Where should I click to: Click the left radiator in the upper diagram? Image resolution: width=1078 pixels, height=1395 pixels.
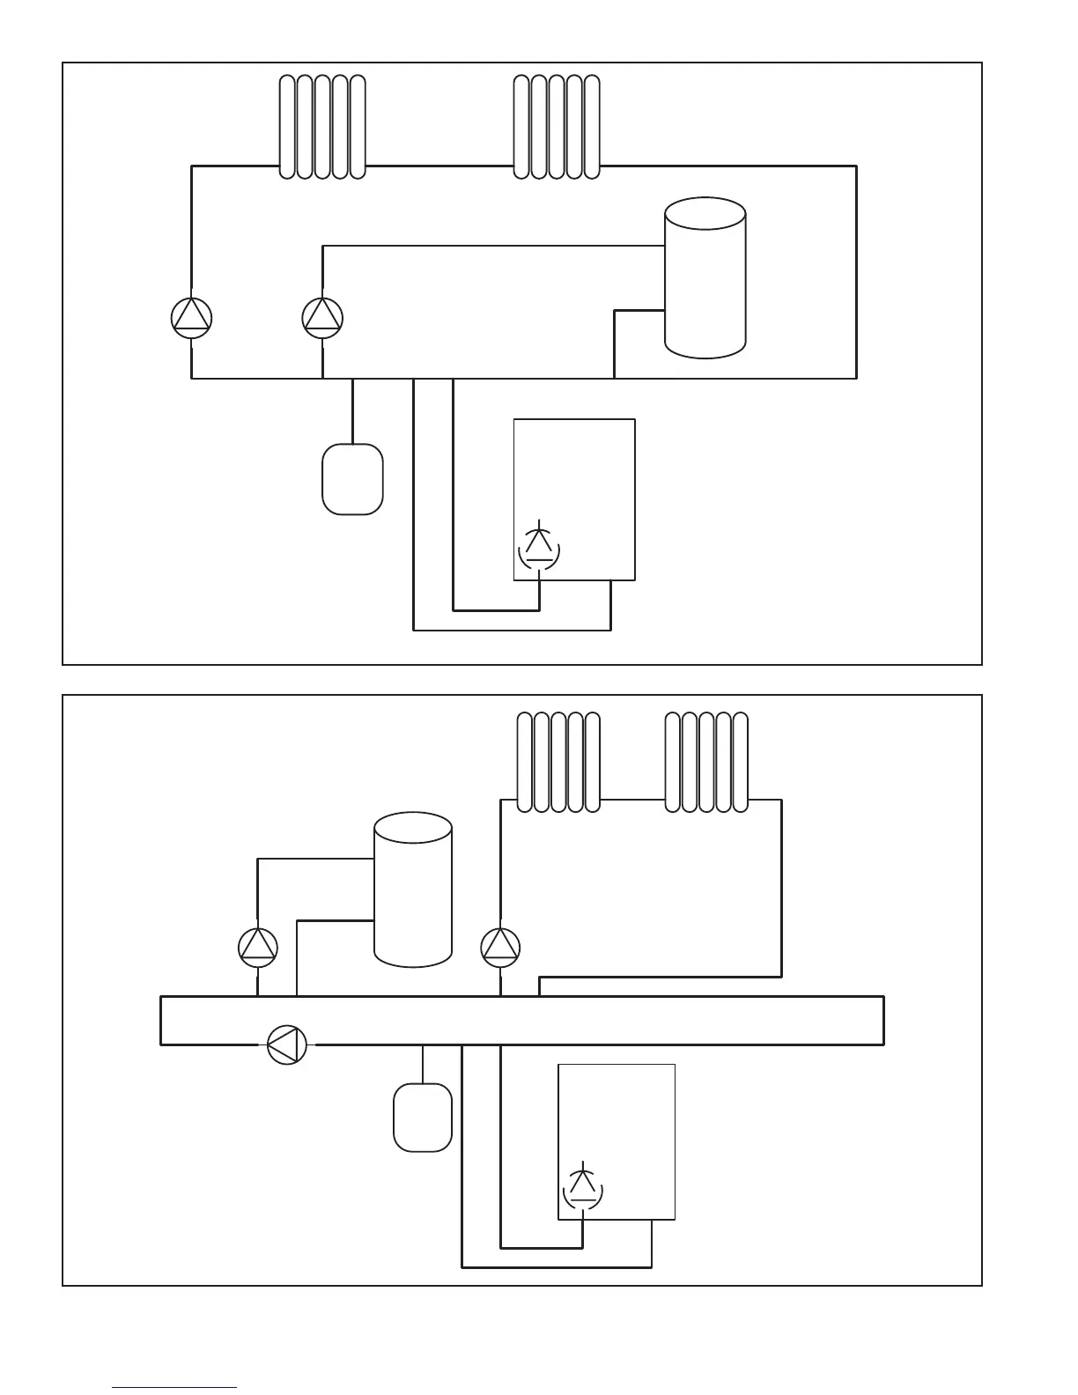point(322,127)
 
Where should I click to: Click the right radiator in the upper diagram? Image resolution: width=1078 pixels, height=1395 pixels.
point(557,127)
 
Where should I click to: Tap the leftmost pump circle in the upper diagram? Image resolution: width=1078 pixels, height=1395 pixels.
point(191,318)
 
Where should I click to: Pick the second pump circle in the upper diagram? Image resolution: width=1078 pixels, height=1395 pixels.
point(322,318)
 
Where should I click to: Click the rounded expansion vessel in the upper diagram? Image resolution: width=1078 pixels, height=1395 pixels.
point(352,479)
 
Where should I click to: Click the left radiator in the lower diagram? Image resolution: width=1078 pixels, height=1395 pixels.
point(558,762)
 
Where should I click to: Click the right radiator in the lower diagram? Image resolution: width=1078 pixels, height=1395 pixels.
point(706,762)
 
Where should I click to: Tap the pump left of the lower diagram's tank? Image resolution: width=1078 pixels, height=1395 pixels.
point(258,947)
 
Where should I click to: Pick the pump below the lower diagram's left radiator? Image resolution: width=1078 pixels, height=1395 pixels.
point(500,947)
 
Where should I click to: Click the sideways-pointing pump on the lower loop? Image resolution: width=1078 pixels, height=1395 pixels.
point(287,1044)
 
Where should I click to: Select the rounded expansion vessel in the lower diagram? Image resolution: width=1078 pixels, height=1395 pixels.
point(423,1117)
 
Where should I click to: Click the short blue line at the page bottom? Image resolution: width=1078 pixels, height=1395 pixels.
point(174,1388)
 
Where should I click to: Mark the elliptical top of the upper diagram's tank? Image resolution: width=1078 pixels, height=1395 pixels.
point(705,214)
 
